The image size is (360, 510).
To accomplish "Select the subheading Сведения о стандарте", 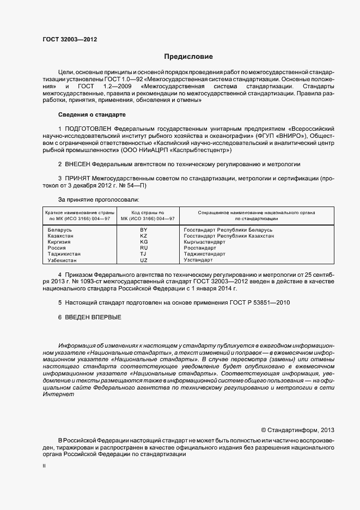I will pos(91,115).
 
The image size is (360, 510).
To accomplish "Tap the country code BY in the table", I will pos(144,230).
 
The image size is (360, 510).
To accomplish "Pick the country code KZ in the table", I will pos(144,236).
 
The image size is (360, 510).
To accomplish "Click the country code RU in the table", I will pos(144,248).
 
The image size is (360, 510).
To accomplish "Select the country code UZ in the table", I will pos(144,260).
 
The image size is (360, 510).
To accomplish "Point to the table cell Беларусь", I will pos(60,230).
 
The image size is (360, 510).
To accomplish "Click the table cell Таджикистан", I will pos(64,254).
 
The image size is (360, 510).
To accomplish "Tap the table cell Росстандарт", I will pos(202,248).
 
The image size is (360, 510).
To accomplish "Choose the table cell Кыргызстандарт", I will pos(205,242).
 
